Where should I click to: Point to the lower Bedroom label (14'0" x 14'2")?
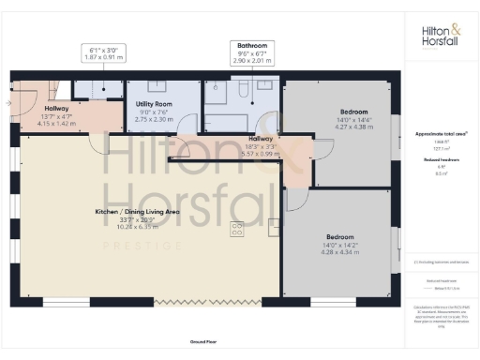pos(340,236)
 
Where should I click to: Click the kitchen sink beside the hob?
pos(274,225)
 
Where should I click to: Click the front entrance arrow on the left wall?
pos(8,102)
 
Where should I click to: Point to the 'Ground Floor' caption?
pos(202,339)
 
